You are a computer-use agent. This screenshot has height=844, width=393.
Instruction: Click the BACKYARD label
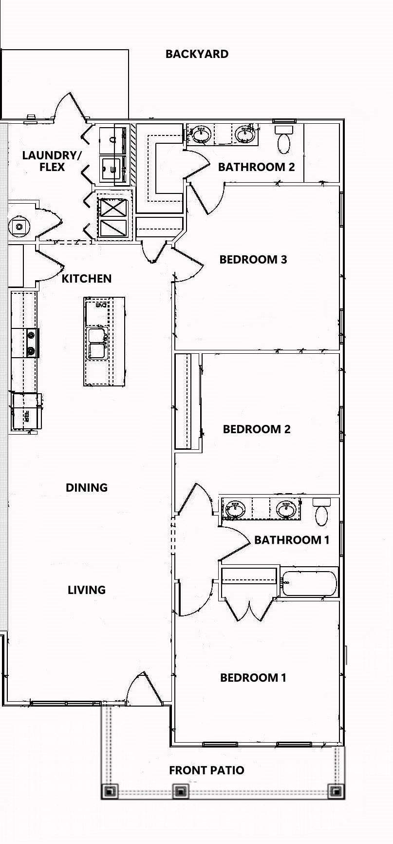pos(197,54)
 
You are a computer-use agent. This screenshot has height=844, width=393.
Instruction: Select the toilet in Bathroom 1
pos(321,513)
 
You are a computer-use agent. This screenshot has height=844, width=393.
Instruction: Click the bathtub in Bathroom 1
pos(309,582)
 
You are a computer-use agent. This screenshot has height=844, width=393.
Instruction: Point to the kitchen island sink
pos(97,344)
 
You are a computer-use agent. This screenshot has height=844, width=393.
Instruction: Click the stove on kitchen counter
pos(32,343)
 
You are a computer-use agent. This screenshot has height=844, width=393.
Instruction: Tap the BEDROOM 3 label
pos(253,259)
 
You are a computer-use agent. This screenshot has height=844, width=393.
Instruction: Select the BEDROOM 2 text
pos(257,429)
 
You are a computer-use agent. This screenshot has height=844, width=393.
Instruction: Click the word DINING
pos(87,487)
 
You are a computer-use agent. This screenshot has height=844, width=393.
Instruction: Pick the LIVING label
pos(87,590)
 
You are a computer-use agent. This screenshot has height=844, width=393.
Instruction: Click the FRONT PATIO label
pos(206,770)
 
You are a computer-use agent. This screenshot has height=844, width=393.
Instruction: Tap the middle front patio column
pos(181,791)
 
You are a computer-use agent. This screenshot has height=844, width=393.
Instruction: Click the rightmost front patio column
pos(335,791)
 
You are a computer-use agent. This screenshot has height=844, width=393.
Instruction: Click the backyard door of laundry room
pos(72,107)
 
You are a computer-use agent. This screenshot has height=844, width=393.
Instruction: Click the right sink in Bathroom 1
pos(286,509)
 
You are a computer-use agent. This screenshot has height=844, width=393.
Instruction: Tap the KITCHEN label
pos(87,279)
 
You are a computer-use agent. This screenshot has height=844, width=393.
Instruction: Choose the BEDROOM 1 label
pos(253,678)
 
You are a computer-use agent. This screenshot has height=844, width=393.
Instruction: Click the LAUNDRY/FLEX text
pos(52,161)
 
